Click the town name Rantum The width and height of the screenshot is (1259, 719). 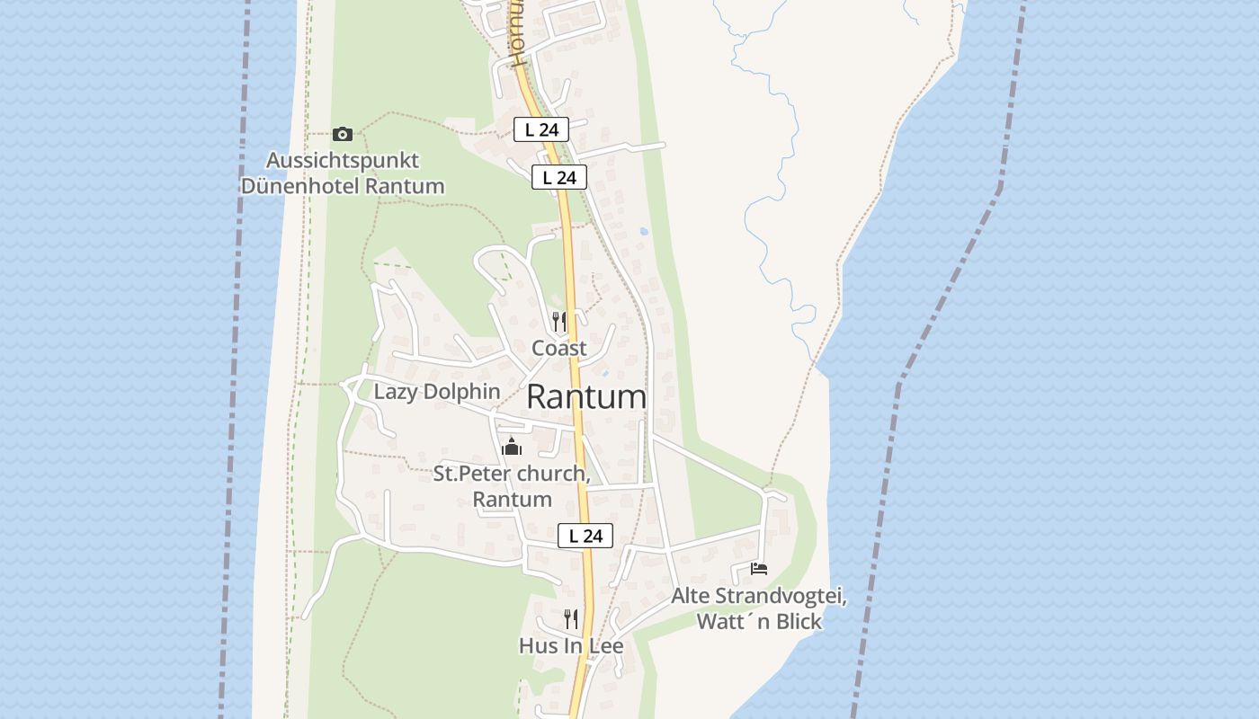(586, 396)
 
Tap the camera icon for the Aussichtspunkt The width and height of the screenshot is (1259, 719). (343, 134)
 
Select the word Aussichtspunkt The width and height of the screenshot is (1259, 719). (343, 161)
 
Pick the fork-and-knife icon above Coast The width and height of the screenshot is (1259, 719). (559, 321)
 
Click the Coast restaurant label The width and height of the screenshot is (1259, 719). (559, 348)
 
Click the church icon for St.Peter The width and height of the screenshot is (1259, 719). (512, 446)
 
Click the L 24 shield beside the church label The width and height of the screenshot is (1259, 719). (585, 536)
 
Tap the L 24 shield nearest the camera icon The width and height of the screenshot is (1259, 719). (541, 129)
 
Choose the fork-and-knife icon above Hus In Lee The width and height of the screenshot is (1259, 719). (571, 618)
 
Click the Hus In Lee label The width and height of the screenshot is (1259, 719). (571, 645)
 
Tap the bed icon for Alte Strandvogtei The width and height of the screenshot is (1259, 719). (759, 569)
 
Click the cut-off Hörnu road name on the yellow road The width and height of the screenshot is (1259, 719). (515, 36)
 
